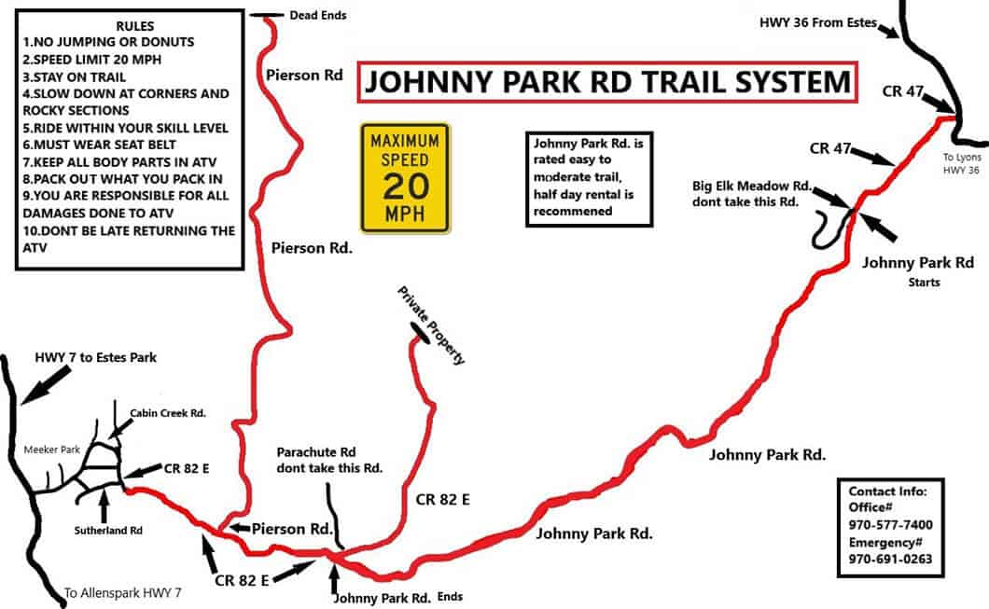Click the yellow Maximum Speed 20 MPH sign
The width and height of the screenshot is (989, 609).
tap(405, 177)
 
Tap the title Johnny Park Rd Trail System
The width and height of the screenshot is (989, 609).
tap(606, 83)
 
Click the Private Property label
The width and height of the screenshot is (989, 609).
tap(431, 325)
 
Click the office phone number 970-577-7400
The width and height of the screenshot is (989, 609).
tap(889, 525)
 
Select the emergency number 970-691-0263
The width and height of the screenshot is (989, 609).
tap(889, 560)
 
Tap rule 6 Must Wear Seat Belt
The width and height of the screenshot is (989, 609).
tap(104, 145)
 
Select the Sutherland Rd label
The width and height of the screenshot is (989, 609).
tap(107, 529)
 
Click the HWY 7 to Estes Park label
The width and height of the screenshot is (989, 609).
tap(95, 357)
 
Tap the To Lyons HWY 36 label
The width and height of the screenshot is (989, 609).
tap(962, 164)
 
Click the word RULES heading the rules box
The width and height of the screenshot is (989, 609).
tap(136, 25)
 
